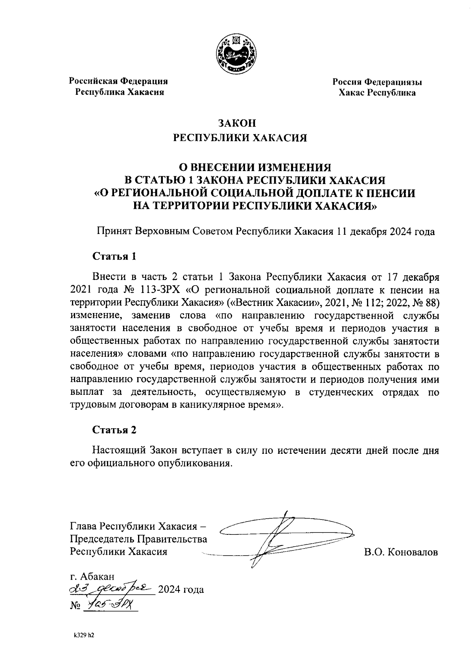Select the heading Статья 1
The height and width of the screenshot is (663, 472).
(x=114, y=257)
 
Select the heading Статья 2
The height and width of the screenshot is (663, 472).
(x=114, y=430)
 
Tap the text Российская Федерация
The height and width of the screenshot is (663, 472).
(x=118, y=81)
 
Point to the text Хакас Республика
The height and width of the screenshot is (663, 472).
(x=377, y=93)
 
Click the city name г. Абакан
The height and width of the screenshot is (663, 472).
(x=92, y=576)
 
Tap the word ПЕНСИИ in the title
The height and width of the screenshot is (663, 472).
(x=388, y=193)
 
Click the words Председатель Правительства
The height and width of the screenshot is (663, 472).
(x=138, y=539)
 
